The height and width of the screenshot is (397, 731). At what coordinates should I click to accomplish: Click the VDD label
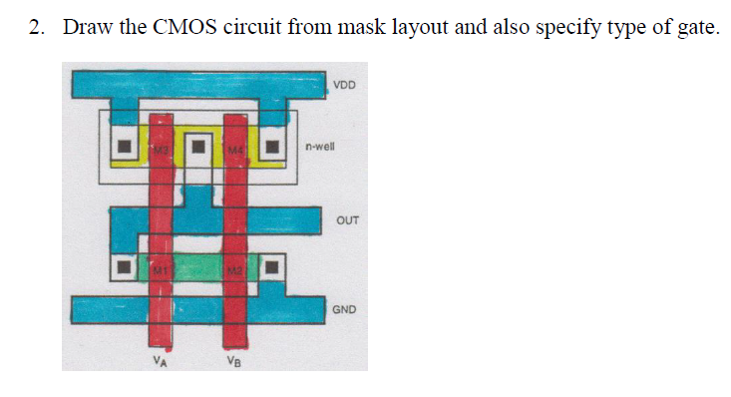click(344, 86)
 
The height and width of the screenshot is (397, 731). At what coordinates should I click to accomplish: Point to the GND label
click(344, 309)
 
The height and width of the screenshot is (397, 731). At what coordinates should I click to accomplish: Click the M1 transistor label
click(159, 267)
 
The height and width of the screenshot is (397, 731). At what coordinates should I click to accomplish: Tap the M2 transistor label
click(233, 267)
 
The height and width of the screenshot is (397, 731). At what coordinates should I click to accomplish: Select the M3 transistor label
click(159, 149)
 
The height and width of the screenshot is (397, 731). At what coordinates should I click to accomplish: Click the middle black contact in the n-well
click(197, 149)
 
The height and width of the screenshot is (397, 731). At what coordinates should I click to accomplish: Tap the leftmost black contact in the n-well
click(124, 149)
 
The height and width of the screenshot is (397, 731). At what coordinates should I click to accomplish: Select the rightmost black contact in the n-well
click(272, 149)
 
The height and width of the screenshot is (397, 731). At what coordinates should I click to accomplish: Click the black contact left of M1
click(124, 267)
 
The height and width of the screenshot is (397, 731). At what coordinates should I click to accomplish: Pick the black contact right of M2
click(272, 267)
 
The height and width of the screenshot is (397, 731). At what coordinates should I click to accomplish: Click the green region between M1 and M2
click(197, 267)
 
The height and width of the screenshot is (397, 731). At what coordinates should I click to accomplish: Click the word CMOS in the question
click(182, 27)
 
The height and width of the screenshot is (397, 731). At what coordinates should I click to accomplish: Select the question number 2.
click(36, 27)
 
